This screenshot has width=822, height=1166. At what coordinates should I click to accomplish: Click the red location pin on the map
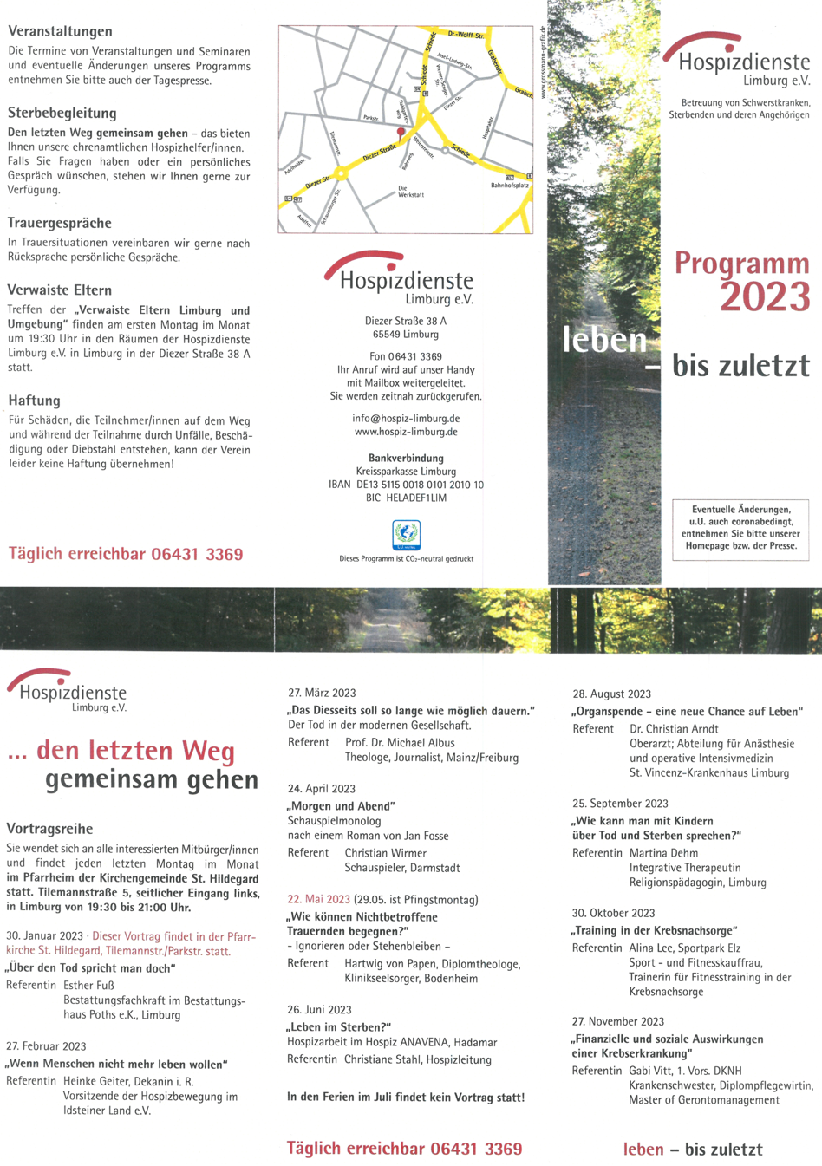pos(400,133)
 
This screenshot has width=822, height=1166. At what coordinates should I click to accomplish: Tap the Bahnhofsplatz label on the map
pos(510,186)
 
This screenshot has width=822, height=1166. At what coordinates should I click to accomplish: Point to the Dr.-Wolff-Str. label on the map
pos(466,35)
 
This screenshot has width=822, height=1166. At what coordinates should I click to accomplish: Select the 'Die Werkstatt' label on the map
pos(411,192)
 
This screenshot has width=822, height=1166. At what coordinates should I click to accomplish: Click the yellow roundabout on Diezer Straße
pos(342,174)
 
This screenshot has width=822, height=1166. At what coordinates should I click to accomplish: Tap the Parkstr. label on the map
pos(371,118)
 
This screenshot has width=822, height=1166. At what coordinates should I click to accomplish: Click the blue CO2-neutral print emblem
pos(406,535)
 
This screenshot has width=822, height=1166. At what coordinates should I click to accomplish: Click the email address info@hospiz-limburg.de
pos(406,418)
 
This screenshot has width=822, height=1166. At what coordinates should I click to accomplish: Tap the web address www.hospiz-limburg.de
pos(406,432)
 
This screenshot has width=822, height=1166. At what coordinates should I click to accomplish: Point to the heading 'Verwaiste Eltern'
pos(60,290)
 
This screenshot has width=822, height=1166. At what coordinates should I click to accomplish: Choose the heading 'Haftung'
pos(35,401)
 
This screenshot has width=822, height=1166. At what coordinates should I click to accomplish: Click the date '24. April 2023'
pos(322,789)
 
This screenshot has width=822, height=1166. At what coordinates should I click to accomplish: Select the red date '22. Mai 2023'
pos(319,899)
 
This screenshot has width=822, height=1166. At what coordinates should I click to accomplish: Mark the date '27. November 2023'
pos(618,1021)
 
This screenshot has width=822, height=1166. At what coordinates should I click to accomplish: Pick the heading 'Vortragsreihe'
pos(49,829)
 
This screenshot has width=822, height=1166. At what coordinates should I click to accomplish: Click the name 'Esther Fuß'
pos(88,985)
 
